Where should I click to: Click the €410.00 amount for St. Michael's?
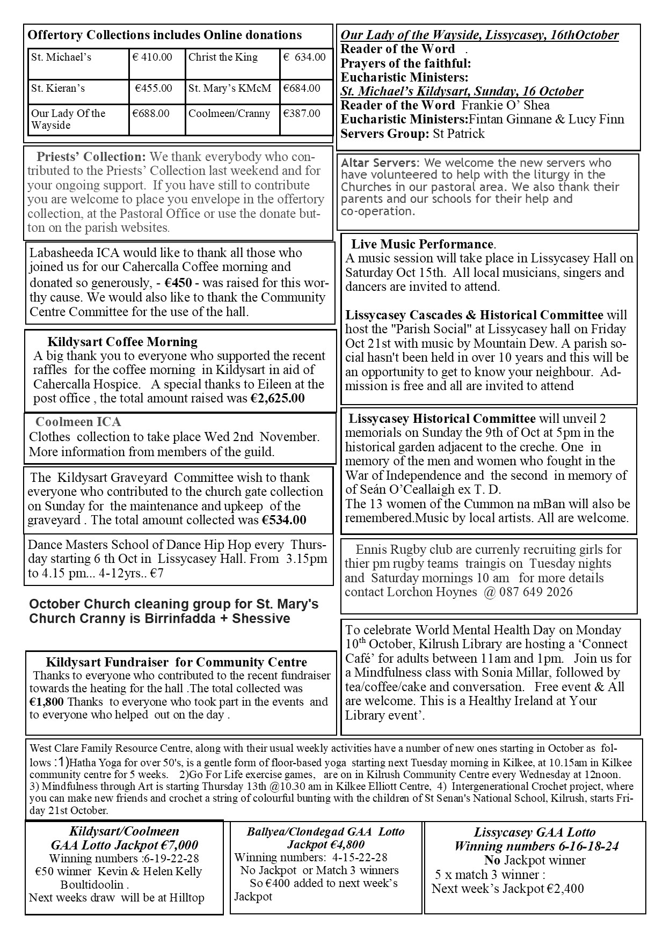152,57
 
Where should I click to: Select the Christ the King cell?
223,57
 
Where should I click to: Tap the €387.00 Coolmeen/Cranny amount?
302,114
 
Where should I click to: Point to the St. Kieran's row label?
58,89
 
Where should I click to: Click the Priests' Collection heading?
91,157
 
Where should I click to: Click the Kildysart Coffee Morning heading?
122,342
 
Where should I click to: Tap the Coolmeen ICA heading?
78,422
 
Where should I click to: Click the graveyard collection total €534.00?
284,520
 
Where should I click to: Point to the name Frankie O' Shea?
506,105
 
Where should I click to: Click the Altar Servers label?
379,163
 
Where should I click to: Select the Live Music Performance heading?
422,244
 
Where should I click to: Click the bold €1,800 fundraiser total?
47,701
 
